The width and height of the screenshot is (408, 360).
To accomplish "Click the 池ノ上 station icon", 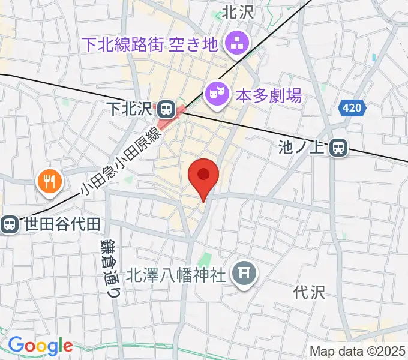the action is pyautogui.click(x=340, y=147).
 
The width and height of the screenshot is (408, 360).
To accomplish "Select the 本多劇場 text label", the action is pyautogui.click(x=268, y=94).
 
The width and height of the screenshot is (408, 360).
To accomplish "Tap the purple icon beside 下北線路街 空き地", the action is pyautogui.click(x=233, y=43).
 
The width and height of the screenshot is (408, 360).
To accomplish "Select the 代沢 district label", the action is pyautogui.click(x=310, y=292).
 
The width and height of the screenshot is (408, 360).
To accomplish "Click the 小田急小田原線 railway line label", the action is pyautogui.click(x=121, y=163).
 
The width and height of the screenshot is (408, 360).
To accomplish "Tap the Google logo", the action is pyautogui.click(x=40, y=345).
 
